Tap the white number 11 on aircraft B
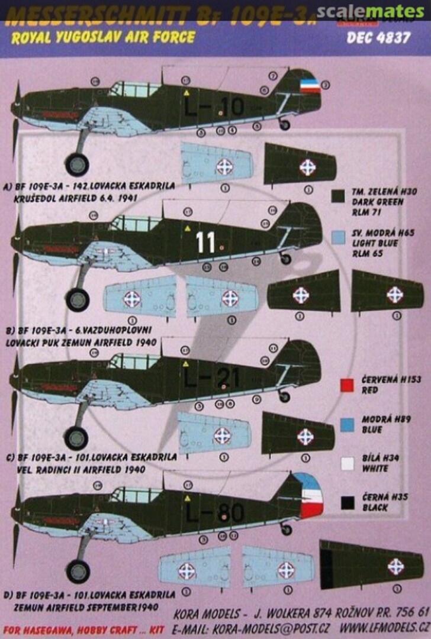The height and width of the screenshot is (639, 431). pyautogui.click(x=205, y=243)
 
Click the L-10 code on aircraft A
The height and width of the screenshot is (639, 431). pyautogui.click(x=214, y=107)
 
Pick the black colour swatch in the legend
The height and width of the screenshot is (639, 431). pyautogui.click(x=348, y=503)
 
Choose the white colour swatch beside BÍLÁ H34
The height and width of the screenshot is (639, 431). pyautogui.click(x=348, y=463)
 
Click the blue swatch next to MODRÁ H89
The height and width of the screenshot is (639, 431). pyautogui.click(x=348, y=424)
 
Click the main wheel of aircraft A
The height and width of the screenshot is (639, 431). pyautogui.click(x=77, y=164)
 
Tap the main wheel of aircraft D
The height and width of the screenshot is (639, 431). pyautogui.click(x=78, y=571)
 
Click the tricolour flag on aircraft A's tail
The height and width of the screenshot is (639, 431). pyautogui.click(x=310, y=87)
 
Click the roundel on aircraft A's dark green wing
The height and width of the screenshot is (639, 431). pyautogui.click(x=307, y=167)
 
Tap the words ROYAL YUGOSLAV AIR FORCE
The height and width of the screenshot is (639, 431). pyautogui.click(x=100, y=38)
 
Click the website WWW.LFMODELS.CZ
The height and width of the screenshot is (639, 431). pyautogui.click(x=391, y=627)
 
